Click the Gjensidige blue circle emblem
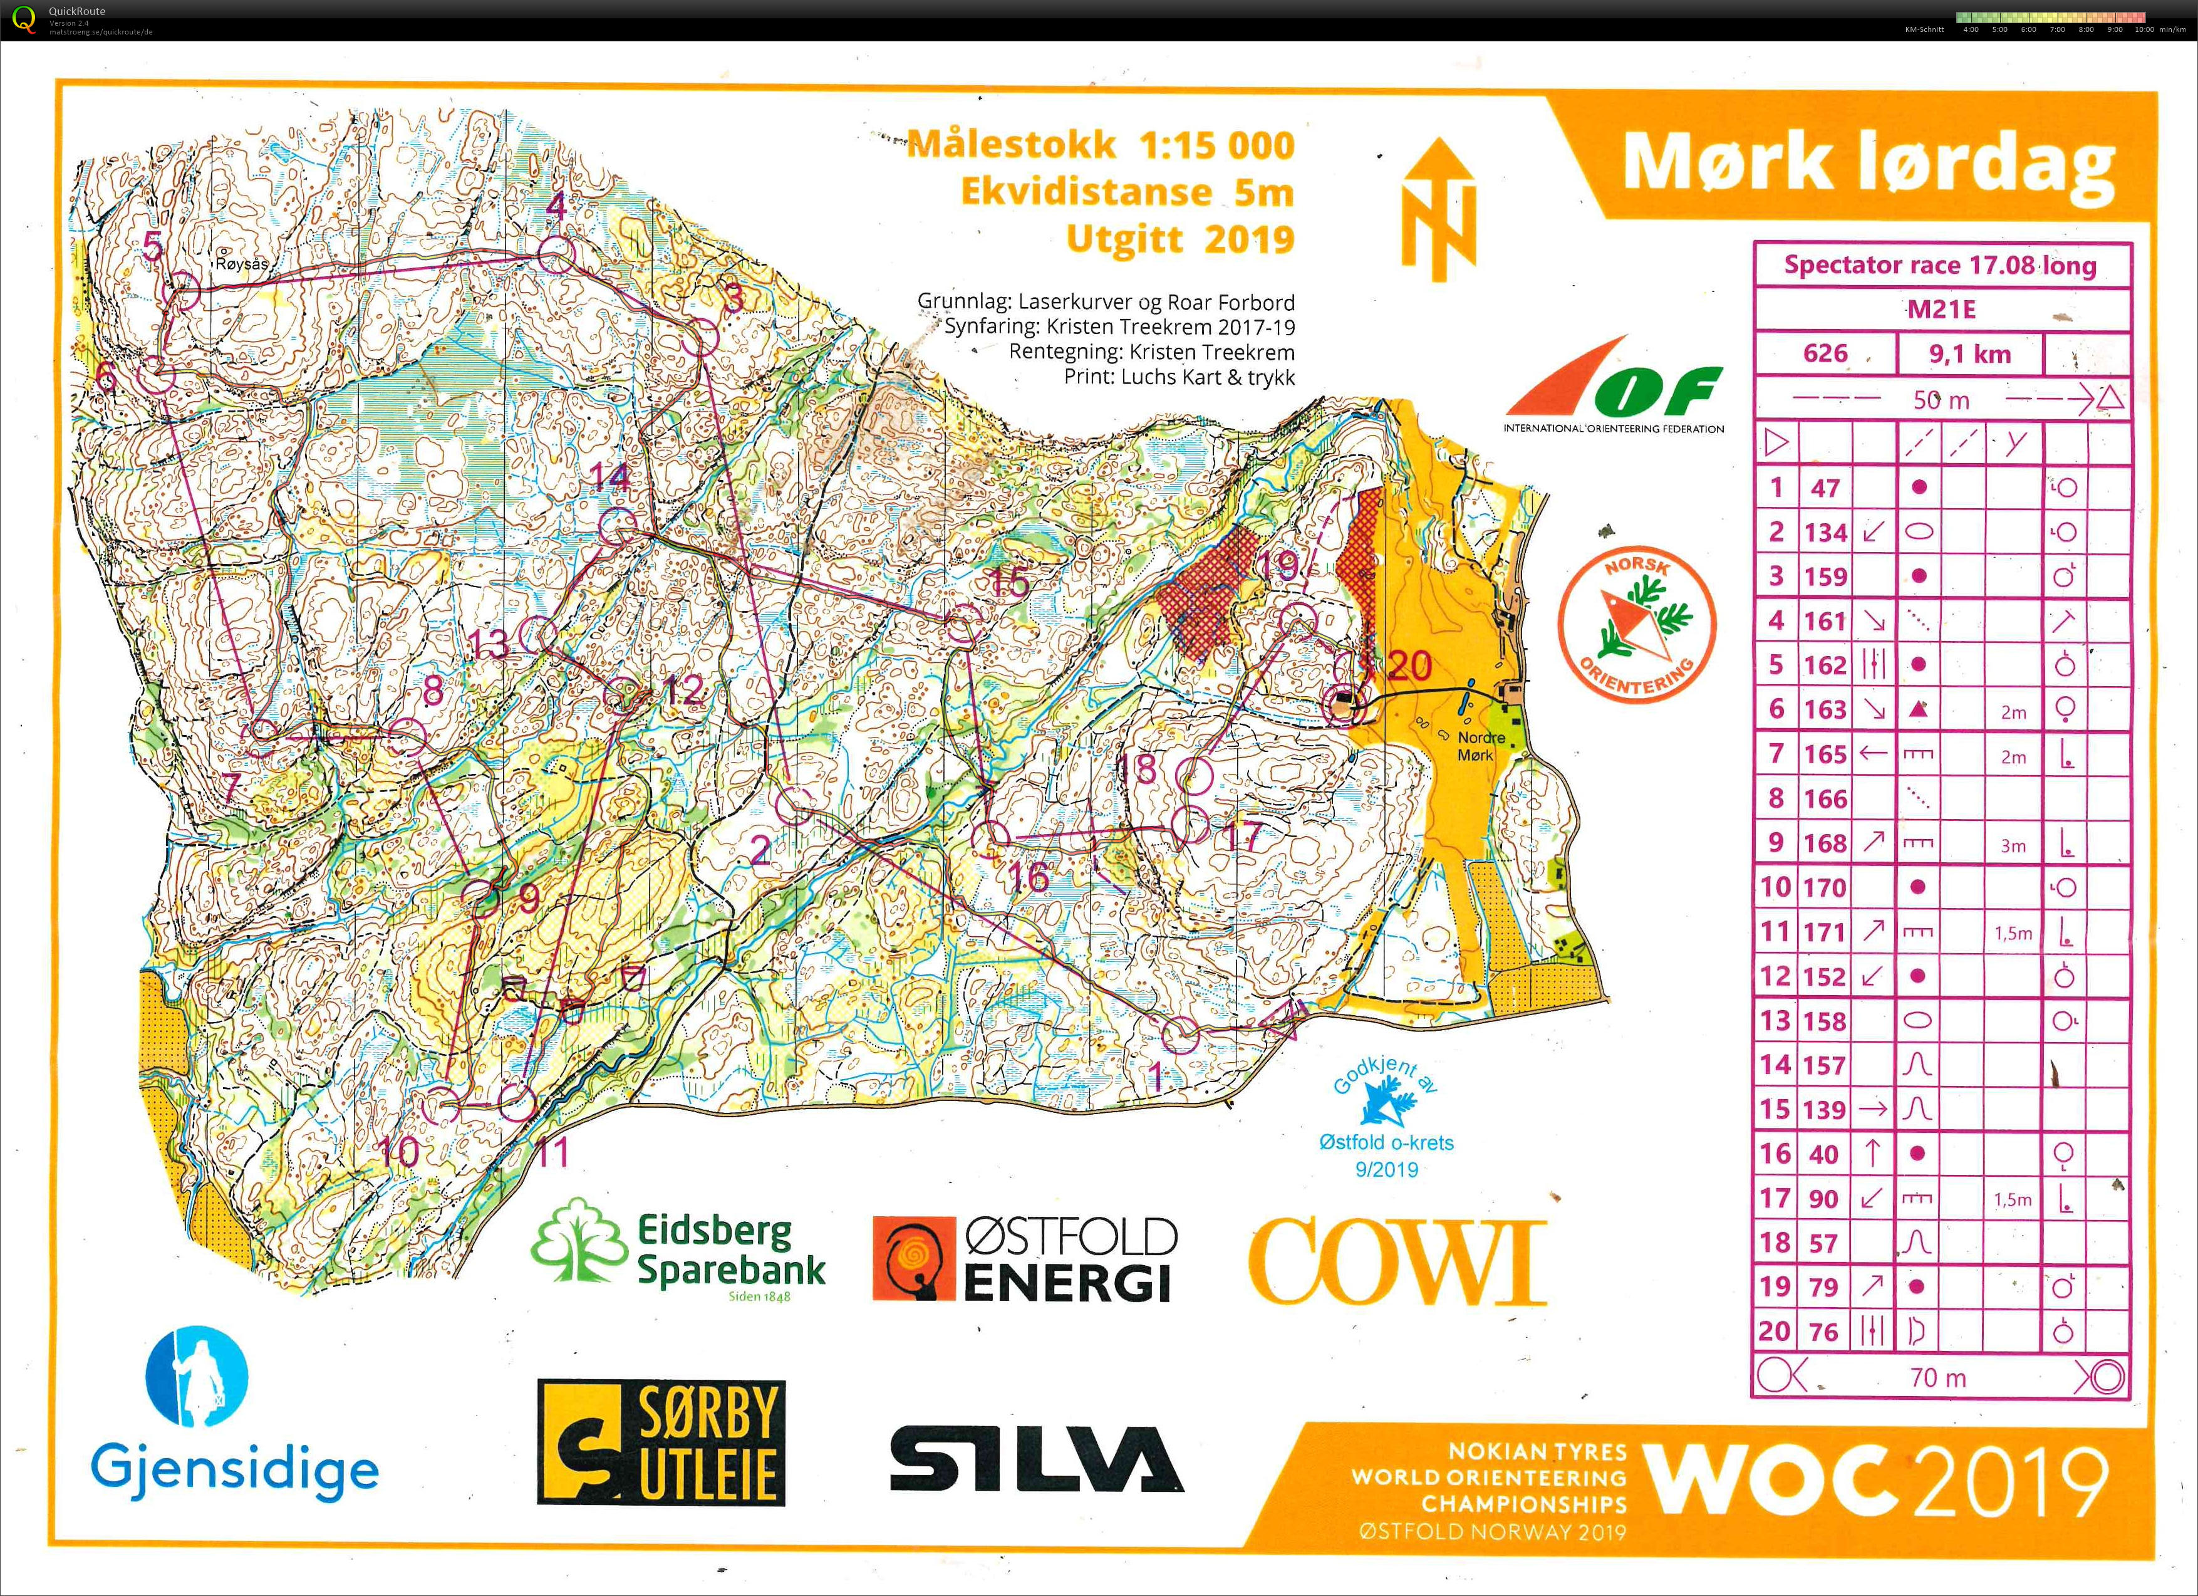coord(197,1377)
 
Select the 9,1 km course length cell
coord(1969,354)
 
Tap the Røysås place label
coord(241,264)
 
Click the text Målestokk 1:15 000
coord(1100,145)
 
